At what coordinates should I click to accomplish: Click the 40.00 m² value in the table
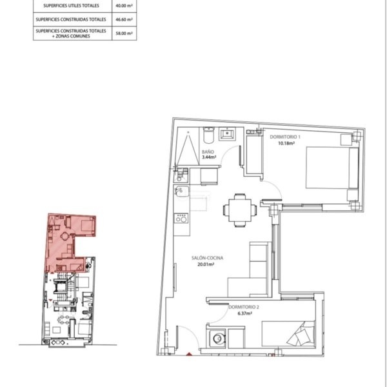[x=124, y=5]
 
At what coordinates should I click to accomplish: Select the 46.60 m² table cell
[x=124, y=19]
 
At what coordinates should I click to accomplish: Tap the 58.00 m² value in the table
[x=124, y=34]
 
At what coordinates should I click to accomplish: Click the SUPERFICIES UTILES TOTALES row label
[x=72, y=5]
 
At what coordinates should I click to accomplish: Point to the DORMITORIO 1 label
[x=285, y=137]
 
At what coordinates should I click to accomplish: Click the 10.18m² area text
[x=286, y=143]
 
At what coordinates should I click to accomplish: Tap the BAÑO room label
[x=208, y=152]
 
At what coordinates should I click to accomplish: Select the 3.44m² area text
[x=209, y=157]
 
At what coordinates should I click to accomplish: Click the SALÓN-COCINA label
[x=207, y=258]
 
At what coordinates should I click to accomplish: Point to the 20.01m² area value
[x=206, y=264]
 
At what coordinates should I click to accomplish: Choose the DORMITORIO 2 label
[x=244, y=307]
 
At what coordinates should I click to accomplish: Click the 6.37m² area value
[x=244, y=313]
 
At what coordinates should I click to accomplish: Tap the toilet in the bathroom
[x=209, y=135]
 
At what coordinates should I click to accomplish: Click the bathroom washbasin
[x=228, y=134]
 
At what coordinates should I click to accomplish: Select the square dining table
[x=240, y=210]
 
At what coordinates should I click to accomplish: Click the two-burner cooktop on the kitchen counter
[x=181, y=219]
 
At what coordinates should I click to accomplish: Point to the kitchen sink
[x=181, y=192]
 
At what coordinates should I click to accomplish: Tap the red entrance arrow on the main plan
[x=189, y=354]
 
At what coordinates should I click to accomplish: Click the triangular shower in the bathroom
[x=188, y=148]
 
